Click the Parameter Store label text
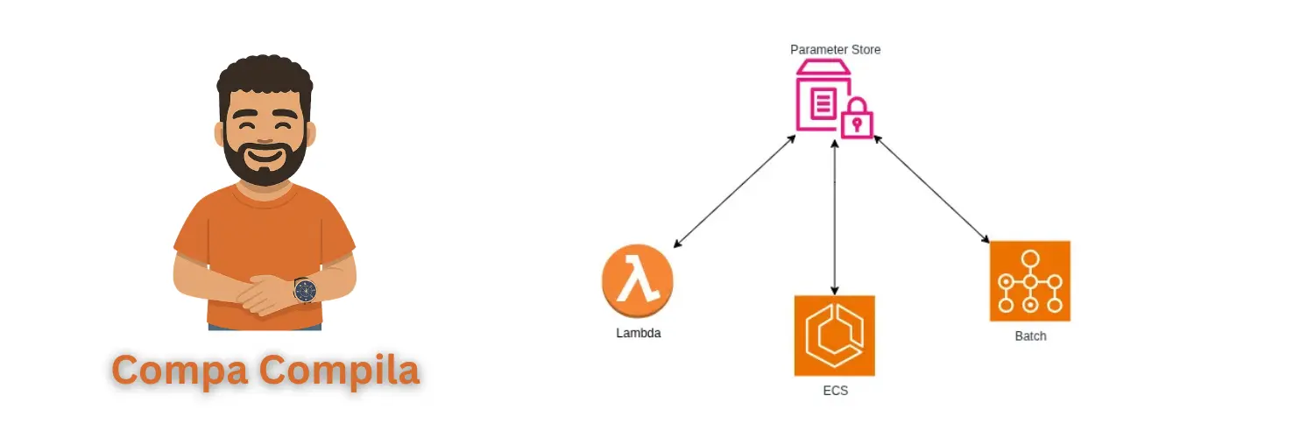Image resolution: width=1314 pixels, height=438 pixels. click(835, 50)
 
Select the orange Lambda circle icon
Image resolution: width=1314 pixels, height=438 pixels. click(637, 282)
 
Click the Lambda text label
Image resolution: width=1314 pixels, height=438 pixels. click(638, 333)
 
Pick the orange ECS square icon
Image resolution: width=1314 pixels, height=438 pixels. click(834, 336)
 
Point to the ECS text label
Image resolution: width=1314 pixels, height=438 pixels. click(835, 391)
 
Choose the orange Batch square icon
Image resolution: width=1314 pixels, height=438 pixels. click(1029, 281)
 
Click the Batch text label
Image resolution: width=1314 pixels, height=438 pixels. click(1030, 336)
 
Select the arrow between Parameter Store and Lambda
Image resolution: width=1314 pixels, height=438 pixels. click(734, 191)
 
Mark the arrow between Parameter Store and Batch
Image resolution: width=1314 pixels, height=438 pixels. click(931, 188)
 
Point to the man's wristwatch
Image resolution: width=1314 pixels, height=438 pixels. click(305, 290)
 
